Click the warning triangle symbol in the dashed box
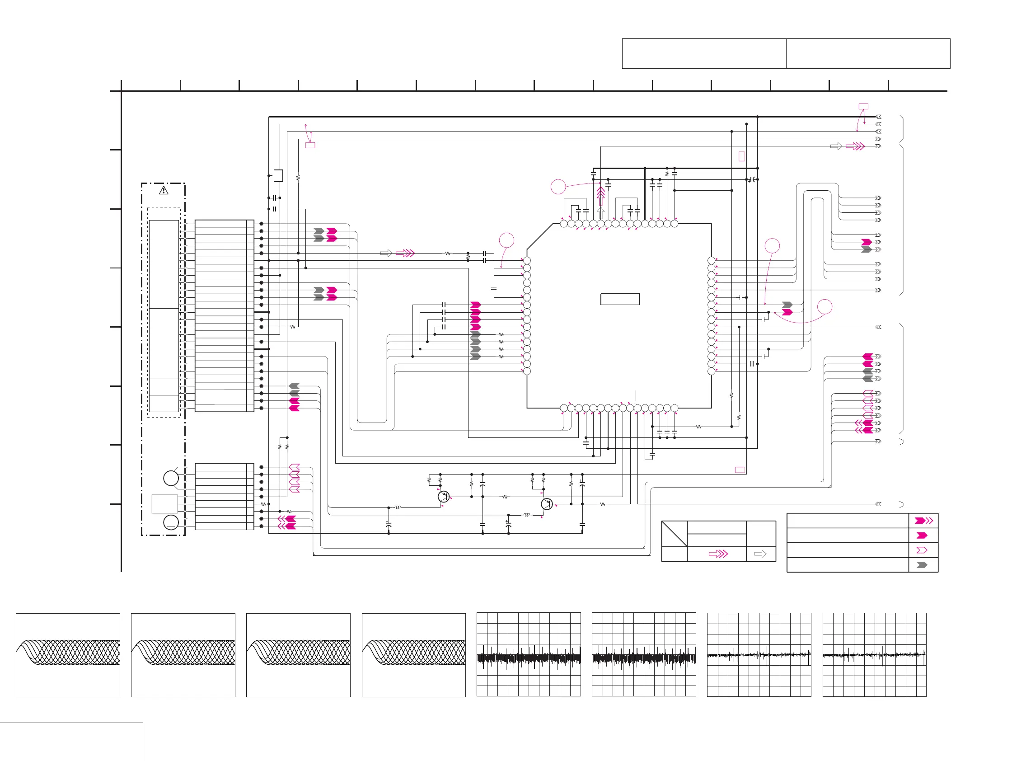[164, 190]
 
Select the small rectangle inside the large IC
[619, 299]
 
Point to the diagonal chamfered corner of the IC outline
[540, 237]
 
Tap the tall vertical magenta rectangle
[742, 156]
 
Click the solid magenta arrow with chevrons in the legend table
[923, 521]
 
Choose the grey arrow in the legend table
[922, 565]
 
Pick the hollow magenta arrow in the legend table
[922, 550]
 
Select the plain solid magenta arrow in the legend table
[922, 536]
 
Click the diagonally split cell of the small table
[675, 534]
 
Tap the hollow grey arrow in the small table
[760, 554]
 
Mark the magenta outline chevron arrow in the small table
[718, 554]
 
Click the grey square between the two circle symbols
[165, 503]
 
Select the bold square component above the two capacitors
[278, 176]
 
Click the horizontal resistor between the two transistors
[505, 497]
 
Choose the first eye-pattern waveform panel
[68, 655]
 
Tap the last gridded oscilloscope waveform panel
[874, 655]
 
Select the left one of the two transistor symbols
[443, 497]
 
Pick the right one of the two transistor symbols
[547, 504]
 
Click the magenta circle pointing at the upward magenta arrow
[558, 187]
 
